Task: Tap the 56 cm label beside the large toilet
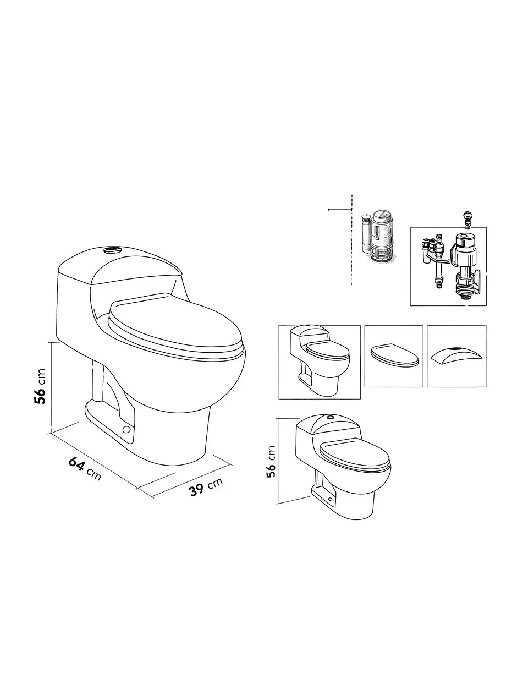click(x=40, y=386)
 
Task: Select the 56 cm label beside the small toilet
click(x=271, y=462)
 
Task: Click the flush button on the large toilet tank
click(x=112, y=250)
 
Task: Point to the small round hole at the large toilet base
click(x=127, y=429)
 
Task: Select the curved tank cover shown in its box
click(x=457, y=354)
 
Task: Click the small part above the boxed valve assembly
click(x=468, y=220)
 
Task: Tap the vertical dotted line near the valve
click(x=351, y=239)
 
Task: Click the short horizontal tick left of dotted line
click(x=340, y=209)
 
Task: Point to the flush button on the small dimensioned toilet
click(x=330, y=418)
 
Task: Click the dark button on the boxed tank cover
click(x=455, y=348)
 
